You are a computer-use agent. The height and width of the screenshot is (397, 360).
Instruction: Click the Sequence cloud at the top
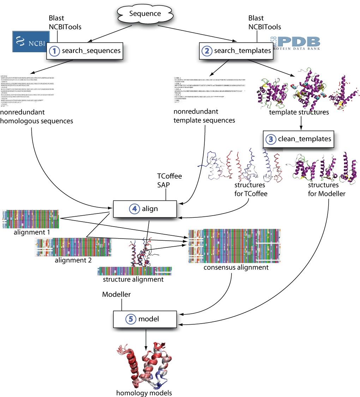coord(145,14)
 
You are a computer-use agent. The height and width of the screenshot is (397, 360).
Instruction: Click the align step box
coord(144,209)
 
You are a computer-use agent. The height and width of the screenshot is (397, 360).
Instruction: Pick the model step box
coord(144,319)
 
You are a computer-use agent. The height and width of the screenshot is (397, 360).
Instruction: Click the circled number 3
coord(271,139)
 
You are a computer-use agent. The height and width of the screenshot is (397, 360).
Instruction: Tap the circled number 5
coord(130,319)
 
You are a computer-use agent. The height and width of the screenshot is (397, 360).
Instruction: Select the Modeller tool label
coord(116,294)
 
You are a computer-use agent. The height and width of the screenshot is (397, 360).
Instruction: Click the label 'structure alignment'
coord(133,279)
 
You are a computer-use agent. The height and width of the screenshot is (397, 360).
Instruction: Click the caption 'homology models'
coord(144,392)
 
